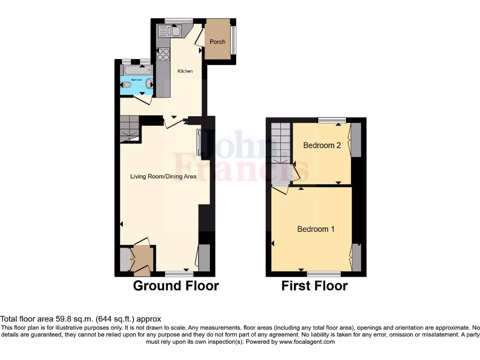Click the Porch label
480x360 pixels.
pos(217,42)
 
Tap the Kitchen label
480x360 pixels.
pos(185,71)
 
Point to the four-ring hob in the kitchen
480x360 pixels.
pos(163,54)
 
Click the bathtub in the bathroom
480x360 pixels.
pos(136,70)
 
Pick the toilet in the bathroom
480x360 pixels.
pos(126,85)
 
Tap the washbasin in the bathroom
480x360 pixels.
pos(149,84)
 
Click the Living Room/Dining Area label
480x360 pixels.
pos(163,176)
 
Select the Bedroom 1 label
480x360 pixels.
pos(316,229)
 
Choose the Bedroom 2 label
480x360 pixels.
pos(322,145)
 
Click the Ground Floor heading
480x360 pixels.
pos(176,285)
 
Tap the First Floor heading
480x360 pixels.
pos(315,285)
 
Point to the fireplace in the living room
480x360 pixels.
pos(200,142)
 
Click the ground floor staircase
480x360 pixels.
pos(129,128)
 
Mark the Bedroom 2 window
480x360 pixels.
pos(332,120)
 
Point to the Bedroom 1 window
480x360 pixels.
pos(324,273)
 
